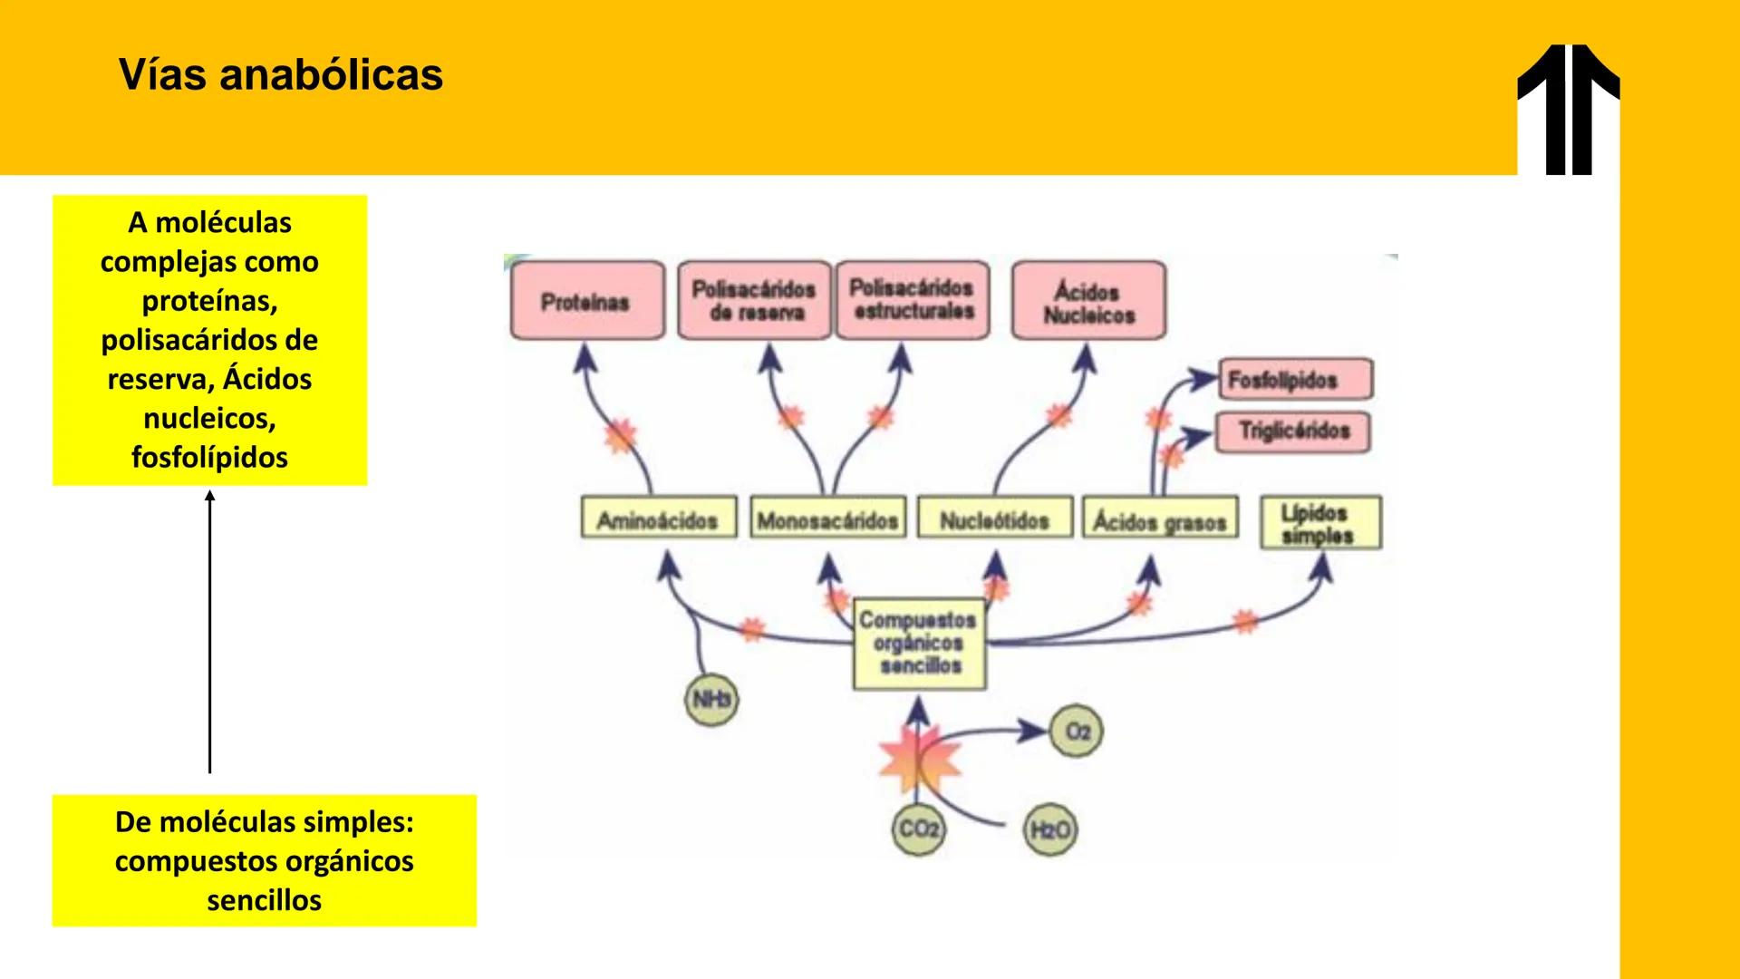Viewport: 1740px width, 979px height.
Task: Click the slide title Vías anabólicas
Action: tap(280, 74)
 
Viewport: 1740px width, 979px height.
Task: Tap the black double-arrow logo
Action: tap(1568, 109)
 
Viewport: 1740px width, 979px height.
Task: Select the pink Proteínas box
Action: tap(587, 301)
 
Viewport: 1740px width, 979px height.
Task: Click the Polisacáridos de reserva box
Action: tap(754, 301)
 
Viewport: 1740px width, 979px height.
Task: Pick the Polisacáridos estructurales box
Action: tap(912, 300)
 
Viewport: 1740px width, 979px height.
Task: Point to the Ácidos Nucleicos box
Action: tap(1088, 302)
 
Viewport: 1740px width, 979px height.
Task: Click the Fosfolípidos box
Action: tap(1294, 380)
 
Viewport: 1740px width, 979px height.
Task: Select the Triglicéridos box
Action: tap(1292, 431)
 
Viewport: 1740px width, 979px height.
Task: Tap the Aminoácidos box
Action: tap(658, 519)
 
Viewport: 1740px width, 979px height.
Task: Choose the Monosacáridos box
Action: tap(827, 519)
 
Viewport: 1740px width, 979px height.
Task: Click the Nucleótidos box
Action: tap(994, 519)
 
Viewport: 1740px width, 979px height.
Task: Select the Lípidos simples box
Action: tap(1320, 523)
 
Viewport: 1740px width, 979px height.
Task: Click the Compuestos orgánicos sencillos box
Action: tap(919, 643)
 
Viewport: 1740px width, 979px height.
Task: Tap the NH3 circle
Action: tap(711, 700)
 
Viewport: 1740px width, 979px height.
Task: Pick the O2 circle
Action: tap(1077, 731)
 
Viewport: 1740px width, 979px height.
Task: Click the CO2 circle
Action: tap(918, 829)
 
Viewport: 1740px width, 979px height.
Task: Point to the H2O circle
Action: tap(1050, 829)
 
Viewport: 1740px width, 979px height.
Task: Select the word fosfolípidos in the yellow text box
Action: tap(209, 457)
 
